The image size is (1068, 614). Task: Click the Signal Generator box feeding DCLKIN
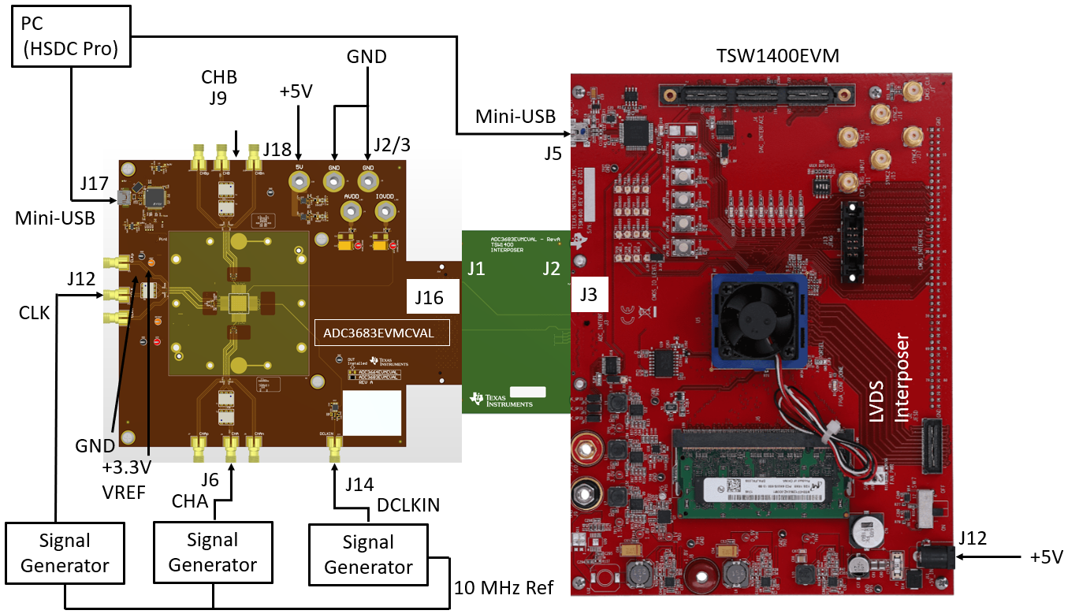(x=369, y=555)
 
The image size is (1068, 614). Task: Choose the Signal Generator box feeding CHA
(x=213, y=553)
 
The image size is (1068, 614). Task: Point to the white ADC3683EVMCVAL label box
(x=381, y=333)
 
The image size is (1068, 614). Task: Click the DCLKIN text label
(x=409, y=505)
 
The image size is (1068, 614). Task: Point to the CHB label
(x=220, y=77)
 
